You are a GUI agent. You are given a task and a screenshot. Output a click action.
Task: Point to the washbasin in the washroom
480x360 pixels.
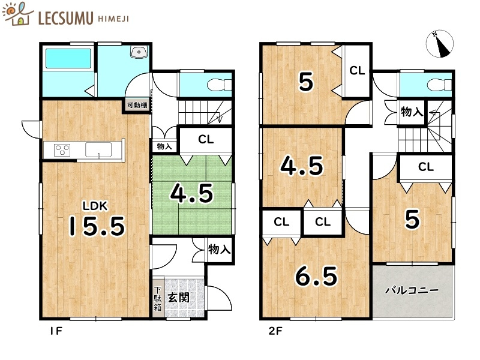coord(140,52)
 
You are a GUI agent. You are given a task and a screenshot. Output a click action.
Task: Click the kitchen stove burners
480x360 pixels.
coord(63,149)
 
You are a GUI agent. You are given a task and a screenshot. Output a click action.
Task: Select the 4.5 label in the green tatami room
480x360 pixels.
coord(191,193)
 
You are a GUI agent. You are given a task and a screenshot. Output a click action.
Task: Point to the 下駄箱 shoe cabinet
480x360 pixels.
coord(157,299)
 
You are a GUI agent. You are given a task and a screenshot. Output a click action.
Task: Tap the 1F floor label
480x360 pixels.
coord(56,331)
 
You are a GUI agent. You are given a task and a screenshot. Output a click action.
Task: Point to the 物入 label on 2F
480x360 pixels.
coord(412,112)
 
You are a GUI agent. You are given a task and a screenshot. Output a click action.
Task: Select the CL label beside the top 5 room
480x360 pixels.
coord(356,71)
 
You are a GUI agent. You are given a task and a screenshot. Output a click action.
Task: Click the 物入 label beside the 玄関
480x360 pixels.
coord(220,248)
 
